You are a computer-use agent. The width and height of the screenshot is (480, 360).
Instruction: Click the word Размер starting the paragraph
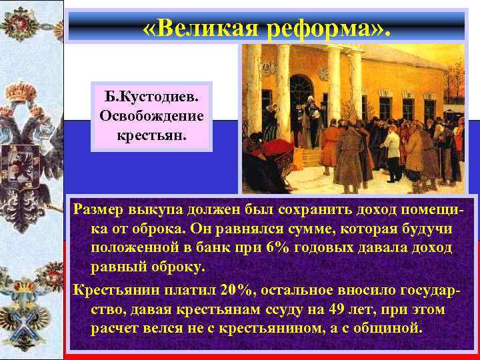102,211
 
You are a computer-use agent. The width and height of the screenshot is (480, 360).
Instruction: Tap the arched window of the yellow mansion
301,93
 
